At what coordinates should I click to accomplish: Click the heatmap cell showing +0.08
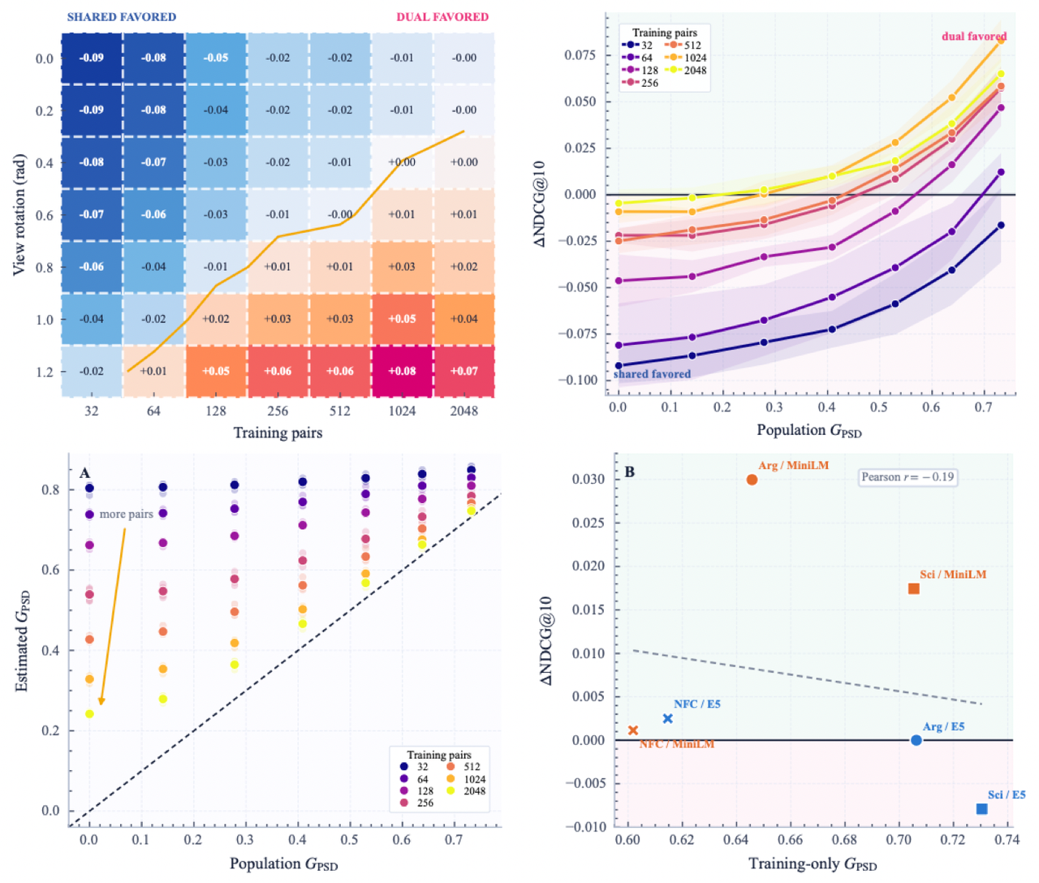coord(402,372)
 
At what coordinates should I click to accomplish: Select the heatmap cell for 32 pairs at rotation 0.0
coord(92,58)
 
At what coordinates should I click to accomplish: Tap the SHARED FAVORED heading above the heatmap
coord(122,17)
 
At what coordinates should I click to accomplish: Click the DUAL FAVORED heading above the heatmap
coord(442,17)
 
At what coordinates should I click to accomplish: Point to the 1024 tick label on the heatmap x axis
coord(402,411)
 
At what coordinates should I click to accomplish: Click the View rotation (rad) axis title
coord(19,215)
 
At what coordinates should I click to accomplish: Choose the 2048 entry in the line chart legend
coord(688,71)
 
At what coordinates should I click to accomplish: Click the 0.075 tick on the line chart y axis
coord(580,54)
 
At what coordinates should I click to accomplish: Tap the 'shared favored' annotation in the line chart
coord(652,374)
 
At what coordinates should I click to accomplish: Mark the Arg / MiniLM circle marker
coord(752,480)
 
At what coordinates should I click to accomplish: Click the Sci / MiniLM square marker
coord(914,588)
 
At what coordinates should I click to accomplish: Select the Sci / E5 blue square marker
coord(981,808)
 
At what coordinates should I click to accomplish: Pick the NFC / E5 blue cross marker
coord(667,719)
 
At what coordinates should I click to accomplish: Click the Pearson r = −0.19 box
coord(908,477)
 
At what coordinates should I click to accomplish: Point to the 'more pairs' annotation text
coord(126,514)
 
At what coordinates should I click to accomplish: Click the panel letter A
coord(84,473)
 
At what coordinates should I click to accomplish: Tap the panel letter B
coord(629,472)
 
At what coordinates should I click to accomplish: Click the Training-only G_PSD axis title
coord(813,864)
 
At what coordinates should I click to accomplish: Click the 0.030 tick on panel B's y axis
coord(588,479)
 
